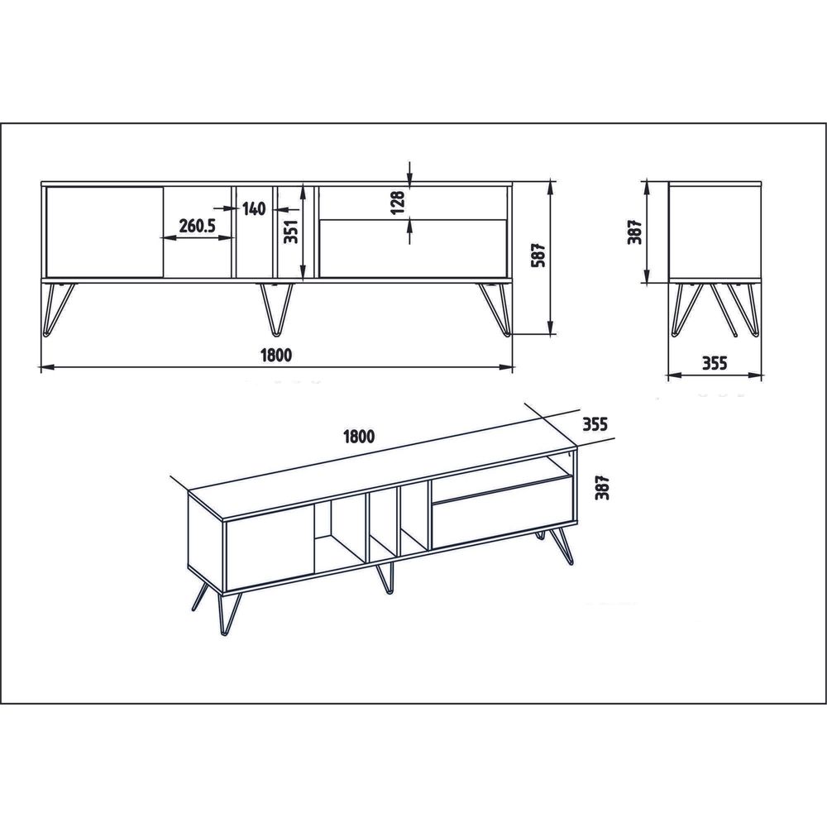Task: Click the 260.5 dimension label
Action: click(197, 226)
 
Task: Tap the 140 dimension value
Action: click(254, 209)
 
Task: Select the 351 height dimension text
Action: click(291, 231)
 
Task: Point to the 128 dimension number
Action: click(398, 202)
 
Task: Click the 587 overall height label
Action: click(538, 256)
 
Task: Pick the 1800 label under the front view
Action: click(276, 356)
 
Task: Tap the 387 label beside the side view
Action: click(634, 231)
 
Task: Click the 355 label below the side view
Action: click(715, 363)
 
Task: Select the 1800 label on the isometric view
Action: click(359, 436)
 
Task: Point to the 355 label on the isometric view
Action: click(595, 423)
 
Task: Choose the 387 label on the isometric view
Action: click(602, 487)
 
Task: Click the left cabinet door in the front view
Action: click(104, 232)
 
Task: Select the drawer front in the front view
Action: click(413, 248)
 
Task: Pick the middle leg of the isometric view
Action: click(385, 578)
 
